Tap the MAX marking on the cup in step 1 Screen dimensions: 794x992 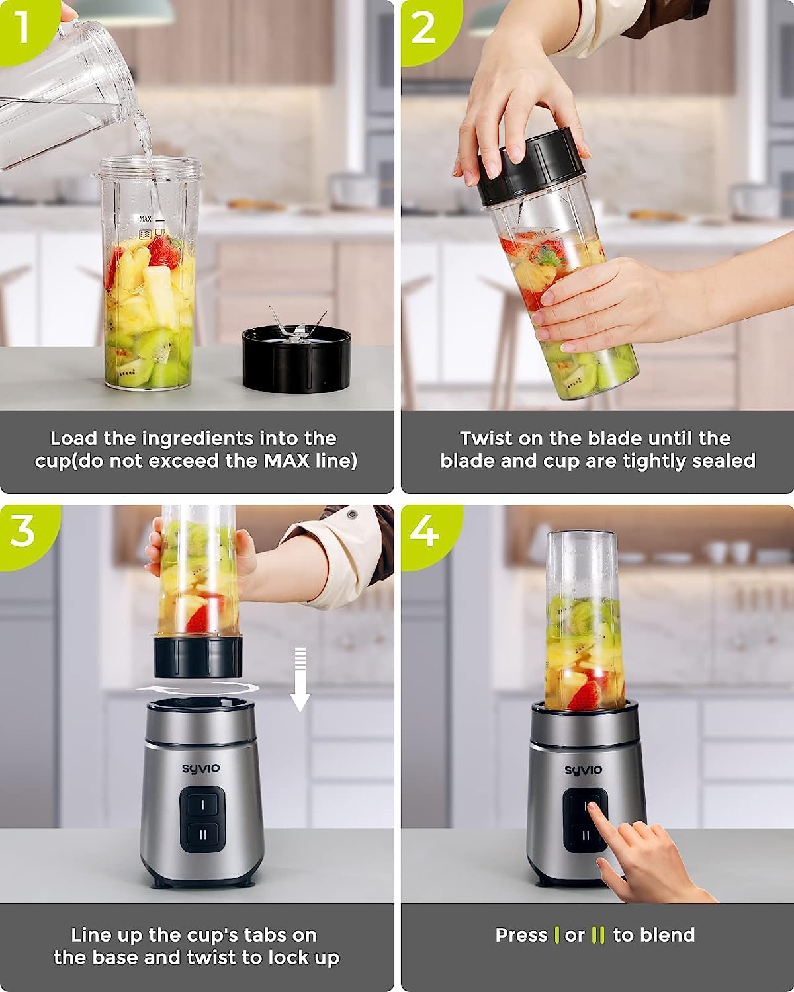point(146,218)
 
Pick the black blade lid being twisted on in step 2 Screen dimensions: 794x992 point(529,167)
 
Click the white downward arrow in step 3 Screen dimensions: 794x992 point(300,679)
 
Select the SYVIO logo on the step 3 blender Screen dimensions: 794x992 point(200,768)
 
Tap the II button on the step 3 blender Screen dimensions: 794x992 point(202,835)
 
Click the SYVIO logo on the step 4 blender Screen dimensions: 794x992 point(583,770)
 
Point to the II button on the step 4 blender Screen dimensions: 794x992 point(585,835)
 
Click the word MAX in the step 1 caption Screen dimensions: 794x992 point(286,460)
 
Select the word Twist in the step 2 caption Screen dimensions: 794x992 point(486,438)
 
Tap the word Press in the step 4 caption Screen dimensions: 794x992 point(521,935)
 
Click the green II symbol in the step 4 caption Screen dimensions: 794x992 point(598,935)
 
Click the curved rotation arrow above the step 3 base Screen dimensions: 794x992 point(197,688)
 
